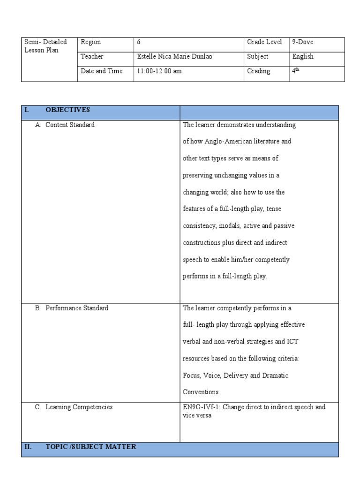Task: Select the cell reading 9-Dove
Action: (x=302, y=42)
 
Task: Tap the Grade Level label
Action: (x=264, y=42)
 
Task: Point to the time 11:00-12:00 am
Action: (x=159, y=71)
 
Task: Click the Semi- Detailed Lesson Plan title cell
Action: (x=45, y=46)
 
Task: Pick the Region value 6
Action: (x=139, y=42)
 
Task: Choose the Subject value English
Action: (x=302, y=57)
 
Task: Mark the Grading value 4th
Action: (x=295, y=71)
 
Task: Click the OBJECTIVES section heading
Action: (x=67, y=110)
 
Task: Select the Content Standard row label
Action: (x=70, y=125)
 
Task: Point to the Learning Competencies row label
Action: (x=79, y=407)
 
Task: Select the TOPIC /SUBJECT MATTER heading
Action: (x=90, y=447)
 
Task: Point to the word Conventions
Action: (x=201, y=392)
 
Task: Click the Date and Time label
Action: (x=101, y=71)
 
